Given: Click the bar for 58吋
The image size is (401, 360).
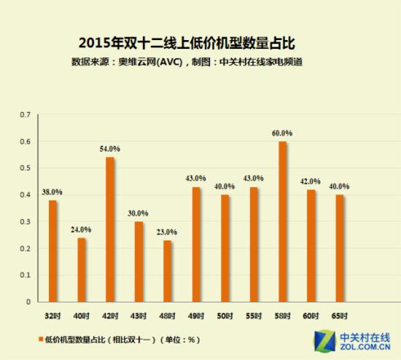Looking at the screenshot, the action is (282, 222).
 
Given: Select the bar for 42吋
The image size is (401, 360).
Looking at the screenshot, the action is (109, 230).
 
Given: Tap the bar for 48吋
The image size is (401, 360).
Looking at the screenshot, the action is (167, 271).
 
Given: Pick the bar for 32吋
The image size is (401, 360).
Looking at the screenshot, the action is (52, 251).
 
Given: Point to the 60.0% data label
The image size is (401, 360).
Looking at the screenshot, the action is (282, 133).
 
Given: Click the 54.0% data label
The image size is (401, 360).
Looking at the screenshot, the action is (109, 149).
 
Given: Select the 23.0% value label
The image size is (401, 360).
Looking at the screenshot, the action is (167, 232).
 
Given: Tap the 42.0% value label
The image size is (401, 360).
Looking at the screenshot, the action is (311, 181).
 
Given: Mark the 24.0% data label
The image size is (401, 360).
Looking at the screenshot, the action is (81, 230).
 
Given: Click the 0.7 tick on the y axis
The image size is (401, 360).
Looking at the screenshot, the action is (25, 115).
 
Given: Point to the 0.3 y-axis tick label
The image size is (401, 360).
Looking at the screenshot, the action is (25, 222).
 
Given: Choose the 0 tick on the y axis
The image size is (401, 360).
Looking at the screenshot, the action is (28, 302).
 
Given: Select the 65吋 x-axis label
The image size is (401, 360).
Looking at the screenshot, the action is (339, 316).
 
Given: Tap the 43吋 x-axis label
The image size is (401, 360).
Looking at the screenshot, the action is (139, 316).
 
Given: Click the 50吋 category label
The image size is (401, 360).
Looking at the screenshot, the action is (225, 316).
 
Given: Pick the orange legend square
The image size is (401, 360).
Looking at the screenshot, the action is (41, 339).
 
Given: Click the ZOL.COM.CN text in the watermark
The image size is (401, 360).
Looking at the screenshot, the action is (365, 347).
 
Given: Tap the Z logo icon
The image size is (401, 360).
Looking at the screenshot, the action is (324, 341).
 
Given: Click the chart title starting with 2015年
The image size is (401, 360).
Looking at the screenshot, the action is (187, 43).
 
